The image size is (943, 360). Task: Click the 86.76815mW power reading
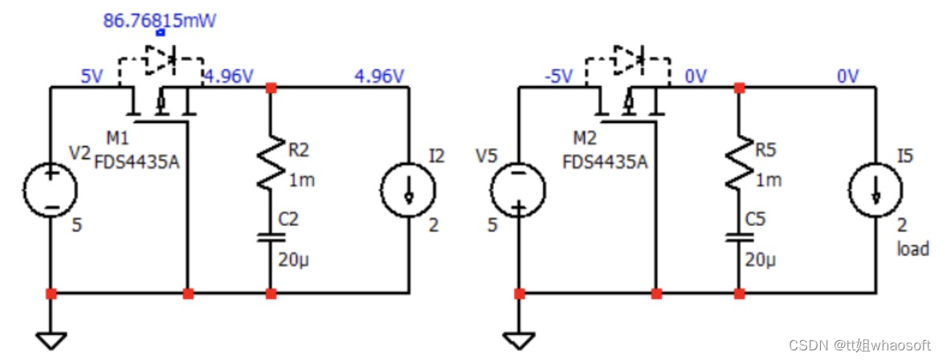click(159, 21)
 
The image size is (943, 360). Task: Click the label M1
click(118, 139)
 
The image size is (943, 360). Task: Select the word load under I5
click(913, 248)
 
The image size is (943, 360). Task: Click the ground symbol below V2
click(51, 342)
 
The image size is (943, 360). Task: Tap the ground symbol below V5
click(519, 342)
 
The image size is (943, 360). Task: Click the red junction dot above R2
click(271, 88)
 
